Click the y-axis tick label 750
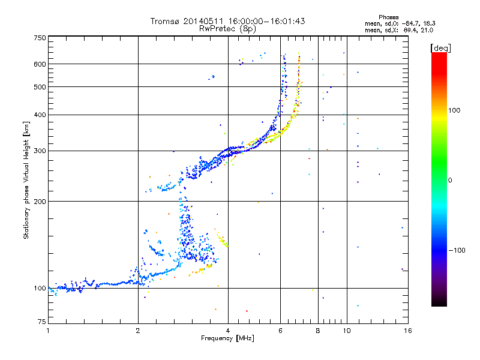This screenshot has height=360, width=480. tap(40, 37)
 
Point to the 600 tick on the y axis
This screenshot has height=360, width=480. tap(40, 64)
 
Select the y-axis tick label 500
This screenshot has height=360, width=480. tap(40, 87)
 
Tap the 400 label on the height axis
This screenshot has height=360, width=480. tap(40, 115)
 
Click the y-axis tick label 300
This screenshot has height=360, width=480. tap(40, 151)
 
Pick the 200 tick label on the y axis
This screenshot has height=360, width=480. tap(40, 202)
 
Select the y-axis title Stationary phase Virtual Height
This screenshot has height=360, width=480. tap(26, 180)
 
